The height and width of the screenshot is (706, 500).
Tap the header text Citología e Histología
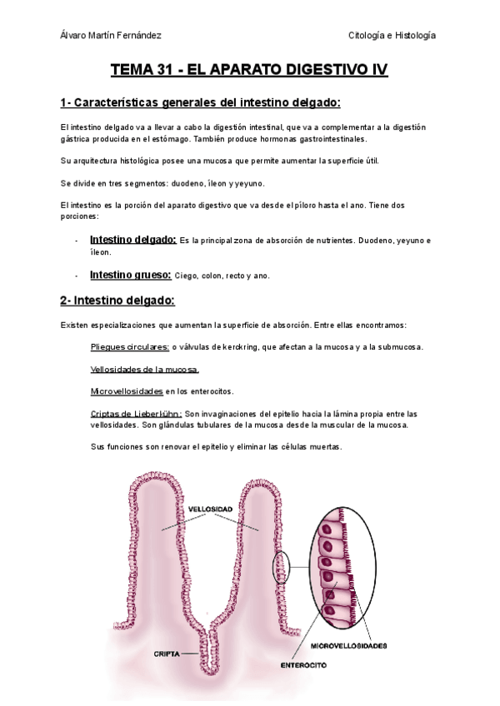pyautogui.click(x=392, y=35)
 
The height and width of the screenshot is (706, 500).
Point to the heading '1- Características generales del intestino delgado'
pyautogui.click(x=200, y=103)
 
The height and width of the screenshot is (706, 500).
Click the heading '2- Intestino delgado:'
pyautogui.click(x=117, y=301)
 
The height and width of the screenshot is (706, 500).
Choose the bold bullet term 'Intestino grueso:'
pyautogui.click(x=130, y=275)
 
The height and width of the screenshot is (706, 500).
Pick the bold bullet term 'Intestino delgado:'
pyautogui.click(x=132, y=240)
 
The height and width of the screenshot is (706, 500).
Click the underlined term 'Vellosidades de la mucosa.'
pyautogui.click(x=144, y=369)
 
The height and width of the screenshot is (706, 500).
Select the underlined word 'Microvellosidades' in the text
pyautogui.click(x=127, y=390)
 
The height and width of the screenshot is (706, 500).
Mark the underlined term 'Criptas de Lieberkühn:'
pyautogui.click(x=136, y=413)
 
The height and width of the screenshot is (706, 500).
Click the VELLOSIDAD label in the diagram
pyautogui.click(x=210, y=507)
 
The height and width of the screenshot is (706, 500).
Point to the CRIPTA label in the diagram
pyautogui.click(x=167, y=654)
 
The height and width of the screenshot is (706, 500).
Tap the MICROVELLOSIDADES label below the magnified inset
pyautogui.click(x=348, y=645)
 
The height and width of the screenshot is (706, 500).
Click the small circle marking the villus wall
pyautogui.click(x=282, y=569)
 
